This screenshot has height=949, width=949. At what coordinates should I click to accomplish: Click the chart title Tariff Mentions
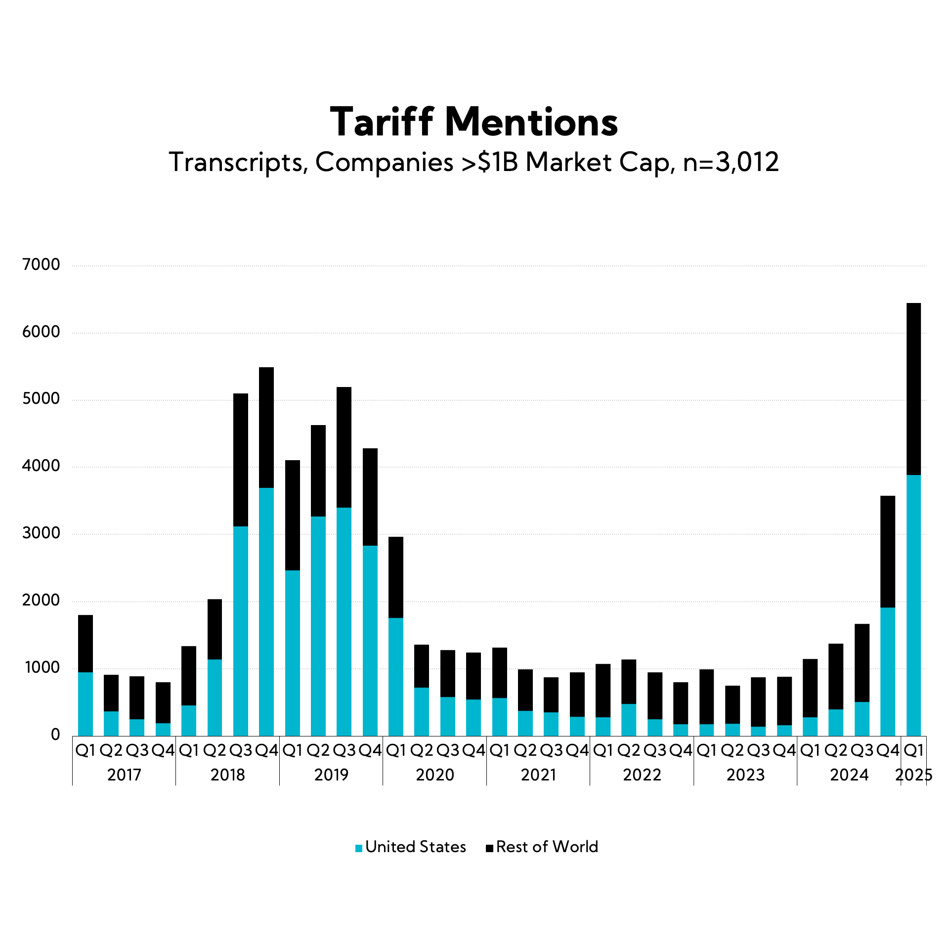point(474,122)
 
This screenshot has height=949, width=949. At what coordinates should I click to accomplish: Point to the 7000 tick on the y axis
point(41,265)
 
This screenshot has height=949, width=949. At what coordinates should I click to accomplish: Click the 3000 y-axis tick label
point(41,533)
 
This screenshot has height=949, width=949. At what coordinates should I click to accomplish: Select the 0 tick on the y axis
point(55,735)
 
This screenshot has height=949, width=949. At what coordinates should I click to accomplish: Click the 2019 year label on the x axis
point(331,775)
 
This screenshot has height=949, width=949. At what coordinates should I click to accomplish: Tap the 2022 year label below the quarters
point(642,775)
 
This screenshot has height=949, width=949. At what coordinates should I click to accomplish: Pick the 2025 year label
point(913,775)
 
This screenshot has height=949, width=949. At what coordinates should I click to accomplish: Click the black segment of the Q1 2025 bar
point(913,389)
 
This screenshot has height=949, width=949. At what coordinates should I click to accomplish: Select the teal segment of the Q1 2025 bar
point(913,605)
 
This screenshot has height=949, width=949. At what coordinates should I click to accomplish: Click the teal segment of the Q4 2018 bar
point(266,612)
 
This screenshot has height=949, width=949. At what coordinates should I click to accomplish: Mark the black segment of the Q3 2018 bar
point(241,460)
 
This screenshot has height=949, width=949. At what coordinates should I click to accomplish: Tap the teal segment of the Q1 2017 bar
point(86,704)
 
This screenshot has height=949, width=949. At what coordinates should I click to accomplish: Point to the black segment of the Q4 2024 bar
point(888,552)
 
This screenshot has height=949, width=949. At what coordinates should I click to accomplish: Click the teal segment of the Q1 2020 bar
point(396,677)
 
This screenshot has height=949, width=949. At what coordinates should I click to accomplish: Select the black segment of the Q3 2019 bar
point(344,447)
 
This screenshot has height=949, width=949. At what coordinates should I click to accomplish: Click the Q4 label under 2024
point(888,751)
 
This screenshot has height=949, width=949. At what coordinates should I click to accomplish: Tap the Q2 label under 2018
point(215,751)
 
